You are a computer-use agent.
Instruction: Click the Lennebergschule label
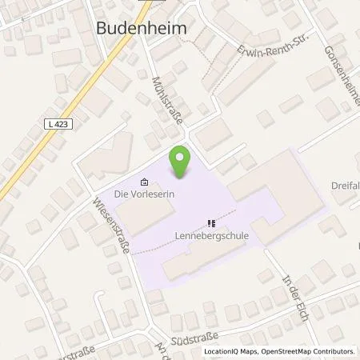tap(209, 236)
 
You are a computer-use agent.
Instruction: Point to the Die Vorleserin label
tap(144, 193)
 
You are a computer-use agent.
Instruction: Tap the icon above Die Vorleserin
tap(143, 180)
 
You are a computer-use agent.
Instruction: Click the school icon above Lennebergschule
tap(211, 223)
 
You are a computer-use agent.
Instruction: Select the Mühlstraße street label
tap(167, 100)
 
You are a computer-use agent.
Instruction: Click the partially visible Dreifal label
tap(345, 186)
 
